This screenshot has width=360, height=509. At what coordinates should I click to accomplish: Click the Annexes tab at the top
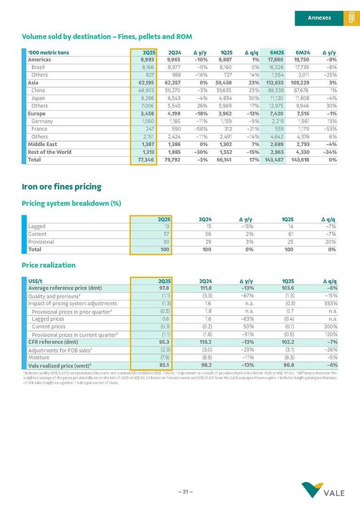[x=319, y=18]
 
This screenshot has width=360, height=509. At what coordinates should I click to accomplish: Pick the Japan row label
[x=38, y=98]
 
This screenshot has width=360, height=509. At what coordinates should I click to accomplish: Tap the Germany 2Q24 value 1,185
[x=174, y=121]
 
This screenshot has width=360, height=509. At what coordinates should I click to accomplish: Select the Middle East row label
[x=42, y=144]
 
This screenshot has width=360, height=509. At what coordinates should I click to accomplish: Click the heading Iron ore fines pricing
[x=62, y=187]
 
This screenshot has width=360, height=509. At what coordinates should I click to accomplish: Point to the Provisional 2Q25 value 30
[x=165, y=242]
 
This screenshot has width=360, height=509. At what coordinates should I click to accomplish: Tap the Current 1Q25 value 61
[x=290, y=234]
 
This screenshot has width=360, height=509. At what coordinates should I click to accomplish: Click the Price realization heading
[x=48, y=265]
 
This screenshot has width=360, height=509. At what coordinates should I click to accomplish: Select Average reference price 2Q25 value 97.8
[x=164, y=288]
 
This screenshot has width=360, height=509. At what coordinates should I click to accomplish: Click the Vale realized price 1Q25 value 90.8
[x=288, y=365]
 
